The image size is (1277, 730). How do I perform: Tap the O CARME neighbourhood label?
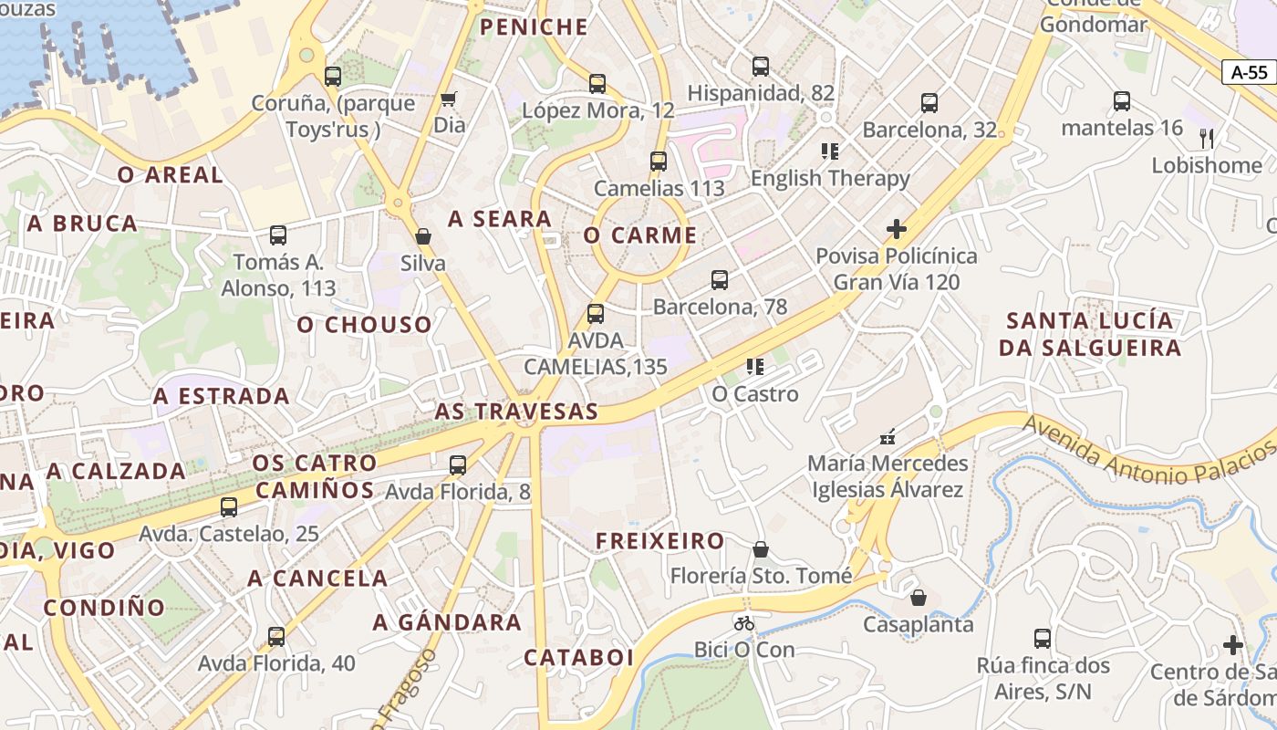tap(640, 235)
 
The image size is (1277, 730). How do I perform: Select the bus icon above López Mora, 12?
tap(597, 84)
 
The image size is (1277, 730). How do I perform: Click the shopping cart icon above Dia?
tap(448, 99)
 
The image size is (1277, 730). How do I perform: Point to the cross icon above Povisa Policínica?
tap(897, 229)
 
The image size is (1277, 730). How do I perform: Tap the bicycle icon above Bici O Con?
tap(744, 623)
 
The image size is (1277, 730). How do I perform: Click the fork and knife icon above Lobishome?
tap(1207, 139)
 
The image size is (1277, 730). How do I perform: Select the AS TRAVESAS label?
tap(516, 412)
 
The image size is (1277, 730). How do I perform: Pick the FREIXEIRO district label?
tap(660, 541)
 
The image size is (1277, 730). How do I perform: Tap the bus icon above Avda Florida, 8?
tap(458, 465)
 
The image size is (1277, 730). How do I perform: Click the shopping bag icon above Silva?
tap(423, 236)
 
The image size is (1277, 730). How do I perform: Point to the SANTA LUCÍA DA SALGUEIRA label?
tap(1090, 334)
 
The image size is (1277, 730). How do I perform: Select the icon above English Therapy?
tap(829, 151)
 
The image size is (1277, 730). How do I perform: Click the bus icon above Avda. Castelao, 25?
tap(229, 507)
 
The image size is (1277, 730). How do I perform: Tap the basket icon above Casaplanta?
tap(919, 598)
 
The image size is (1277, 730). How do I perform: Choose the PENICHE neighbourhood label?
tap(534, 27)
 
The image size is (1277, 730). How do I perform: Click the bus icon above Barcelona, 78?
tap(720, 280)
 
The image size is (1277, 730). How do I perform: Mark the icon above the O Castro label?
tap(754, 367)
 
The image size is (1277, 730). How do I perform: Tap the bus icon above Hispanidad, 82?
tap(761, 67)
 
